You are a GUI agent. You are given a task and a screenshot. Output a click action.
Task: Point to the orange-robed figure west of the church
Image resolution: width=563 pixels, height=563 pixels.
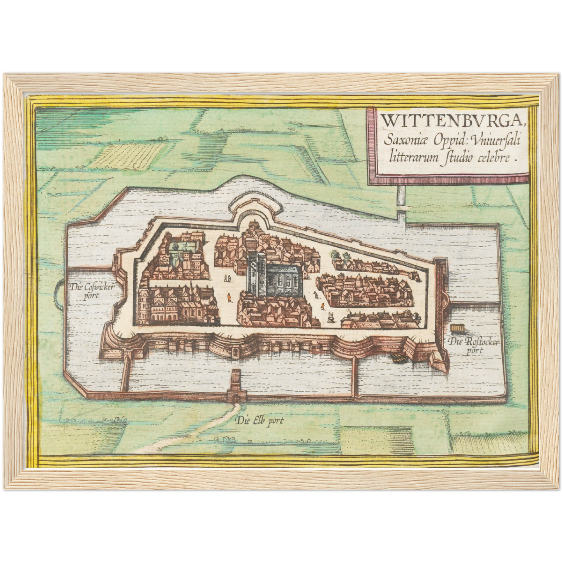(x=229, y=298)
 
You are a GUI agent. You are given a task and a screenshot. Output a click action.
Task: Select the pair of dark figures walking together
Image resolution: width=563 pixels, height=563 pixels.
(x=228, y=278)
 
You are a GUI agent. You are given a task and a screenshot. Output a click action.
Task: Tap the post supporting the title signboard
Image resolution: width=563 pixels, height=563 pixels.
(x=401, y=197)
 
